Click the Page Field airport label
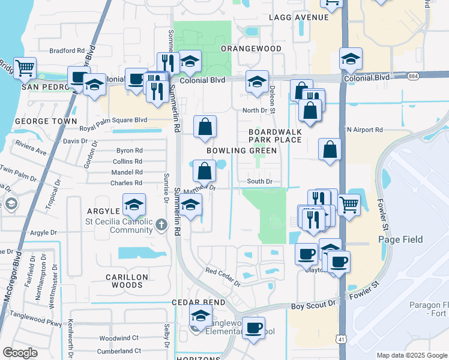400,239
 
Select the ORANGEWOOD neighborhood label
251,48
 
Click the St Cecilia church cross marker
161,225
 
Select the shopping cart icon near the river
25,68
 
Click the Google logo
20,352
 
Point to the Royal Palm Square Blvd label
113,119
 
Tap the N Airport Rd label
364,130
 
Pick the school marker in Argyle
134,205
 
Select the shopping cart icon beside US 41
349,205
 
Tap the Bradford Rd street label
67,51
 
